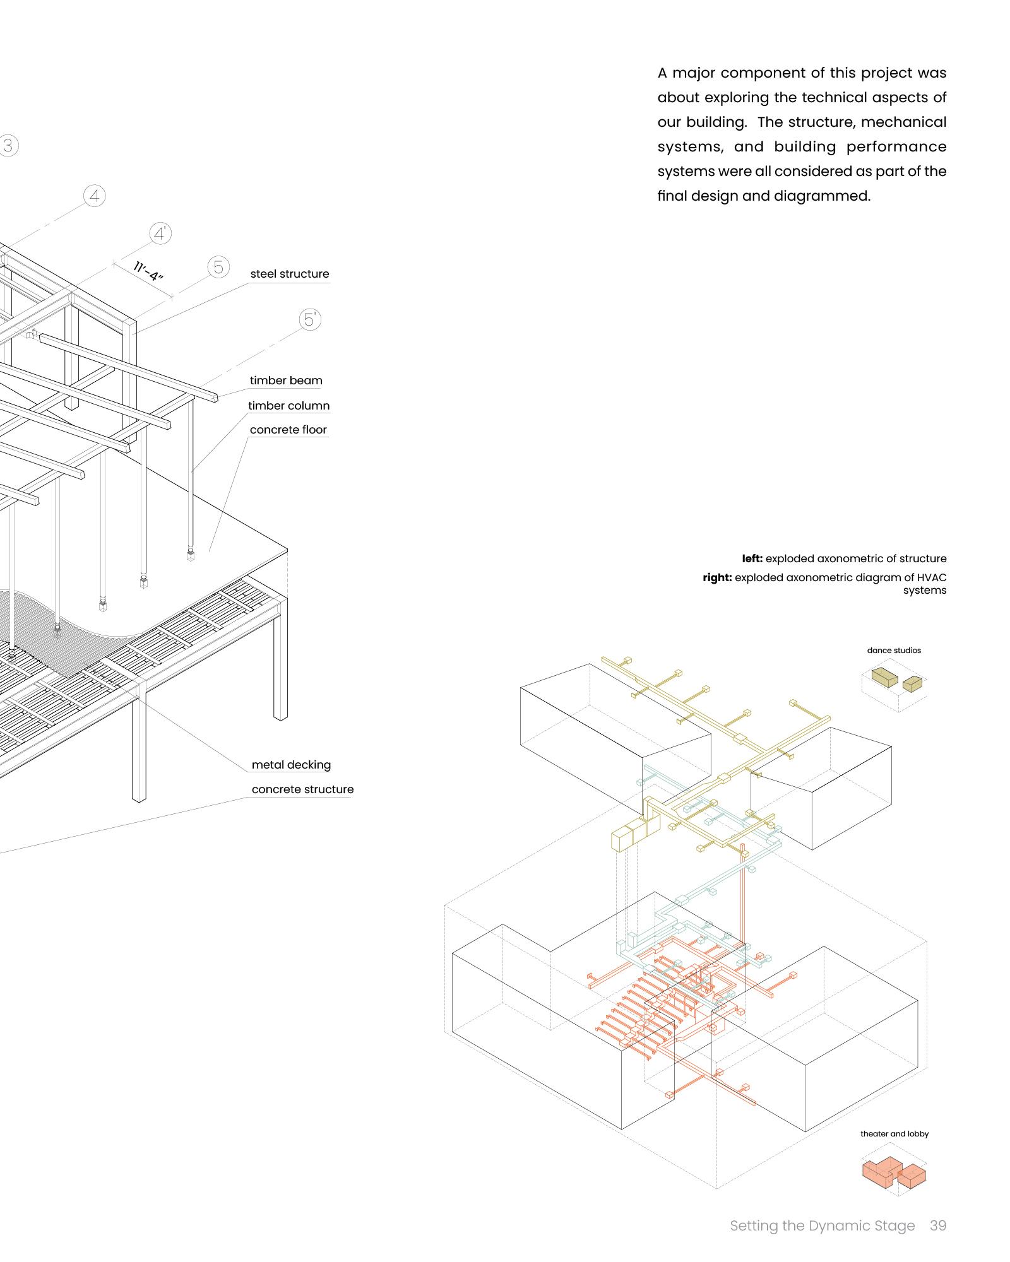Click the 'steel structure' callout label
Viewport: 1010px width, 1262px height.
[290, 274]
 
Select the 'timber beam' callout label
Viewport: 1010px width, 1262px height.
[286, 380]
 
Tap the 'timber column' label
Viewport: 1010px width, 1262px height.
[288, 406]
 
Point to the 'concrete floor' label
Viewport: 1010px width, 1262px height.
[288, 430]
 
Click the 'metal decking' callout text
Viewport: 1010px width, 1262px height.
[291, 765]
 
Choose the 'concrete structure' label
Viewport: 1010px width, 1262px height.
[302, 789]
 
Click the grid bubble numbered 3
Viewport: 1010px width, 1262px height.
[8, 146]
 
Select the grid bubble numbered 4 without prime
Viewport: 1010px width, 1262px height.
[95, 196]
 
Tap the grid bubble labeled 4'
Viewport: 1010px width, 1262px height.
[160, 234]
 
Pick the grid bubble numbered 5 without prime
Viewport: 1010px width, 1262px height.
[218, 268]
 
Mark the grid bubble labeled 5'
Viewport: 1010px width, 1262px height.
[310, 320]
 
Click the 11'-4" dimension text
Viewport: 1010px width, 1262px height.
[149, 271]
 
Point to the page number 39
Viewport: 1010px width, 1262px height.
[938, 1225]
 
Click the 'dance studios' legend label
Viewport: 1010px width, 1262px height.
[894, 651]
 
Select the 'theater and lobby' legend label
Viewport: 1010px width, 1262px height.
[894, 1134]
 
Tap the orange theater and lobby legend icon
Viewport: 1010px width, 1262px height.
[893, 1174]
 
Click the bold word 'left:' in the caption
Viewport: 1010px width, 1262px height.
[752, 558]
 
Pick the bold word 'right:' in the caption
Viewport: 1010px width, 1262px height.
[717, 577]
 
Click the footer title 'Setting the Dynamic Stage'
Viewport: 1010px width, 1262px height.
[822, 1225]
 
